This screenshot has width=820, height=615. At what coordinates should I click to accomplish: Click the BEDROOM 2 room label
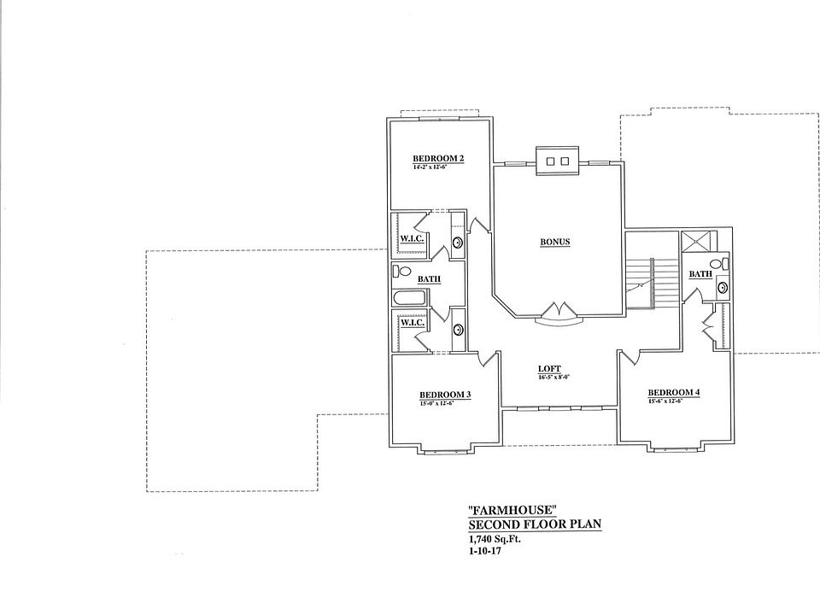tap(437, 158)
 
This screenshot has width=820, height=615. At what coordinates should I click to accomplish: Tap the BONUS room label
tap(554, 242)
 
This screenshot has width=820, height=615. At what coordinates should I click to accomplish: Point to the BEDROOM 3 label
tap(445, 395)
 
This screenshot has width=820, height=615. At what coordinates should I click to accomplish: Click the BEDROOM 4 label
tap(674, 393)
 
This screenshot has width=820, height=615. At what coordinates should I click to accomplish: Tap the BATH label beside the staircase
tap(700, 274)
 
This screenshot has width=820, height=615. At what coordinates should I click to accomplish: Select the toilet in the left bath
tap(397, 272)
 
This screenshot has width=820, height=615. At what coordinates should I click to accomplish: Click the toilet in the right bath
tap(723, 264)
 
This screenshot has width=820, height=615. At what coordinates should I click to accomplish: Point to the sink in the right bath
tap(723, 288)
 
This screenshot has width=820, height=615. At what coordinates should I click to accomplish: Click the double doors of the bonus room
tap(560, 311)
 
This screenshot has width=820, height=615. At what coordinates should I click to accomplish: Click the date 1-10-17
tap(483, 553)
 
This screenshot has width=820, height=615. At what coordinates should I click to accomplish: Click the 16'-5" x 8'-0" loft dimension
tap(553, 377)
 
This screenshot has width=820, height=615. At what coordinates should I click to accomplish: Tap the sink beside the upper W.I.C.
tap(458, 243)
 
